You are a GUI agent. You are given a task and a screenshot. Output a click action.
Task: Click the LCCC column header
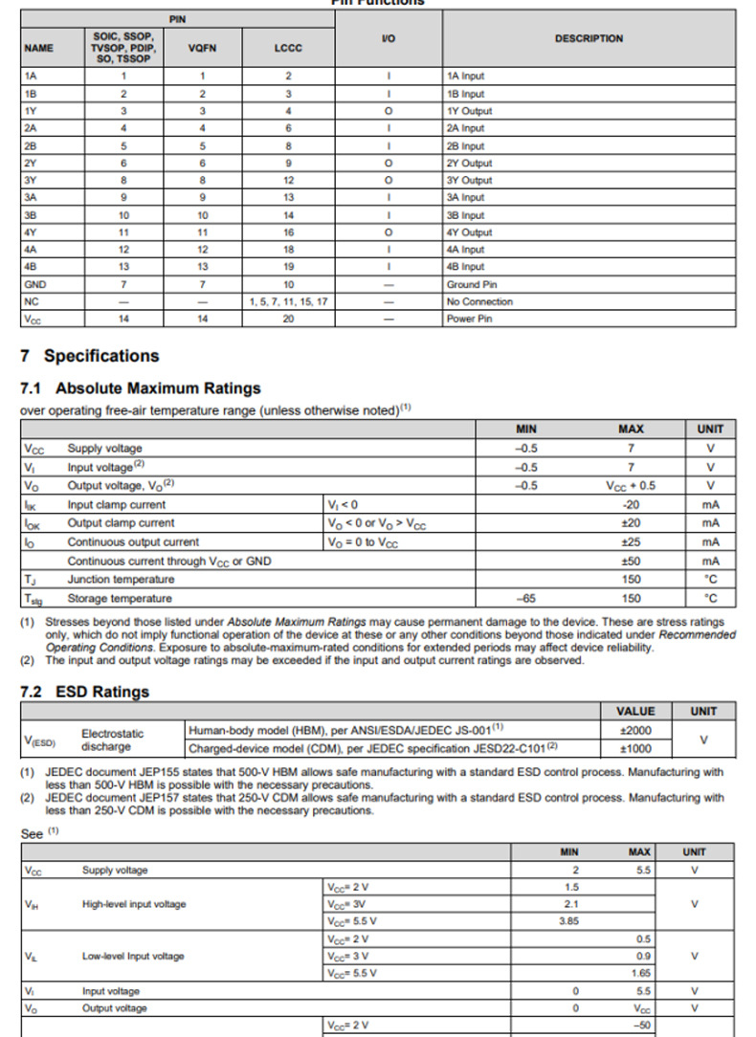[288, 48]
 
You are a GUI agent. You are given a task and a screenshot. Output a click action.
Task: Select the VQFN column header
[202, 48]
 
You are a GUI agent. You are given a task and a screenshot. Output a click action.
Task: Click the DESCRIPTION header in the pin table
[589, 39]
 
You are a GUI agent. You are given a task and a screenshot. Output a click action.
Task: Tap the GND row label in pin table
[35, 284]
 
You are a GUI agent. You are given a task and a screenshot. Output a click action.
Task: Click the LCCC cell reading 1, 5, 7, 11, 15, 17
[288, 301]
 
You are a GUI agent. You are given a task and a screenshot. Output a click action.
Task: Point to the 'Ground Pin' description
[471, 284]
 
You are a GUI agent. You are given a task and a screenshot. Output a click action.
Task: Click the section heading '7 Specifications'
[89, 356]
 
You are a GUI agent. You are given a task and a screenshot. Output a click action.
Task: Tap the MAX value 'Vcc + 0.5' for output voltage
[631, 485]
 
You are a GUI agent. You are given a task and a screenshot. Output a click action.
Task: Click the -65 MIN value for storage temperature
[525, 598]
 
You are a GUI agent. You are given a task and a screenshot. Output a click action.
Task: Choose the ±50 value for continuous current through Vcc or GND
[631, 561]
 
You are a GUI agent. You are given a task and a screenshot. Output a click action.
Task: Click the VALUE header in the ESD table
[635, 711]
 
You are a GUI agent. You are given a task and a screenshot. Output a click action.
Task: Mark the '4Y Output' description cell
[469, 232]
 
